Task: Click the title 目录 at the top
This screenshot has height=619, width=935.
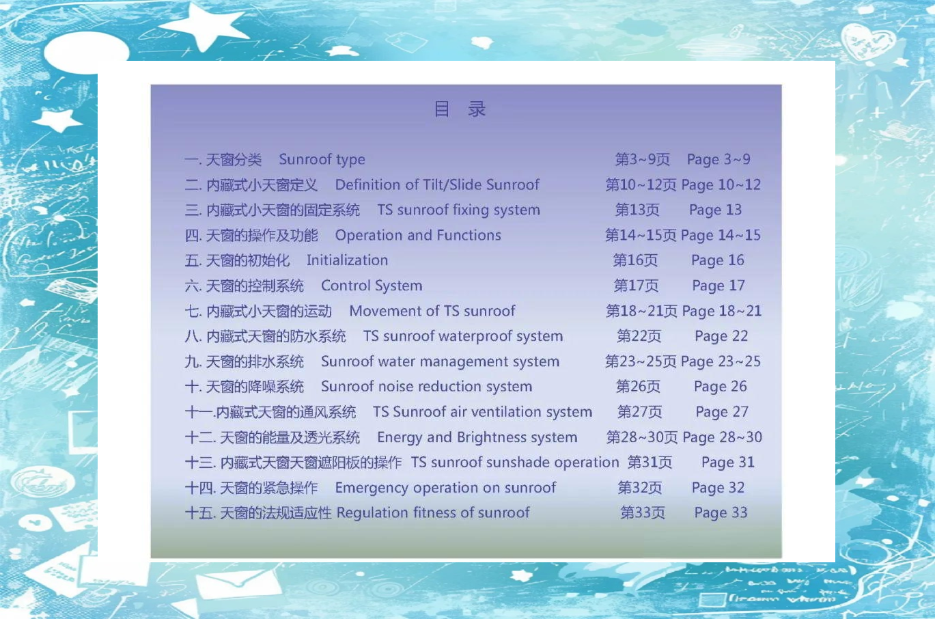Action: (x=460, y=109)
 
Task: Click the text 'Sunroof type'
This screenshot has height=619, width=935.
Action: (x=322, y=160)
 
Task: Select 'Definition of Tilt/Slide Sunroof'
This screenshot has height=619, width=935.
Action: (x=437, y=184)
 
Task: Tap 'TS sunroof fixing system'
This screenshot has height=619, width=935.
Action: (x=458, y=210)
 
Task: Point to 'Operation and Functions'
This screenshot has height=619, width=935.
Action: (x=418, y=235)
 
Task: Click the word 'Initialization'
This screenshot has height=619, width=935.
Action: (x=347, y=260)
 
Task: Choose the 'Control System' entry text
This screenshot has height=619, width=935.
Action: (x=372, y=286)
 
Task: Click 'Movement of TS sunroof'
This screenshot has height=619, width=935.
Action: (x=432, y=311)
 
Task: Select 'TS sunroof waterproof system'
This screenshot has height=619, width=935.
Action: (x=463, y=336)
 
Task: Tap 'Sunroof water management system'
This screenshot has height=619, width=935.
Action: (x=440, y=361)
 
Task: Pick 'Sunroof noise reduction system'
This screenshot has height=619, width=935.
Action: (x=426, y=387)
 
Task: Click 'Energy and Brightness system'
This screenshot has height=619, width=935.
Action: (x=477, y=437)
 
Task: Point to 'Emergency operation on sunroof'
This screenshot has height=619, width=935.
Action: (x=445, y=488)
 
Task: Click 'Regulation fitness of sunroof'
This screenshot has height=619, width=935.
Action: (x=433, y=513)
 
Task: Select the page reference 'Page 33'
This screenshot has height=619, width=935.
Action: (x=721, y=513)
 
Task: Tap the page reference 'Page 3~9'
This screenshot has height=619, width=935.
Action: (x=718, y=160)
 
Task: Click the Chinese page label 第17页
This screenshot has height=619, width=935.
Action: (x=636, y=286)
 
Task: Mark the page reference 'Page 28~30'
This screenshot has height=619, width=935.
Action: (x=722, y=437)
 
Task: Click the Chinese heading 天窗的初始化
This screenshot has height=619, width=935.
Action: (x=247, y=260)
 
